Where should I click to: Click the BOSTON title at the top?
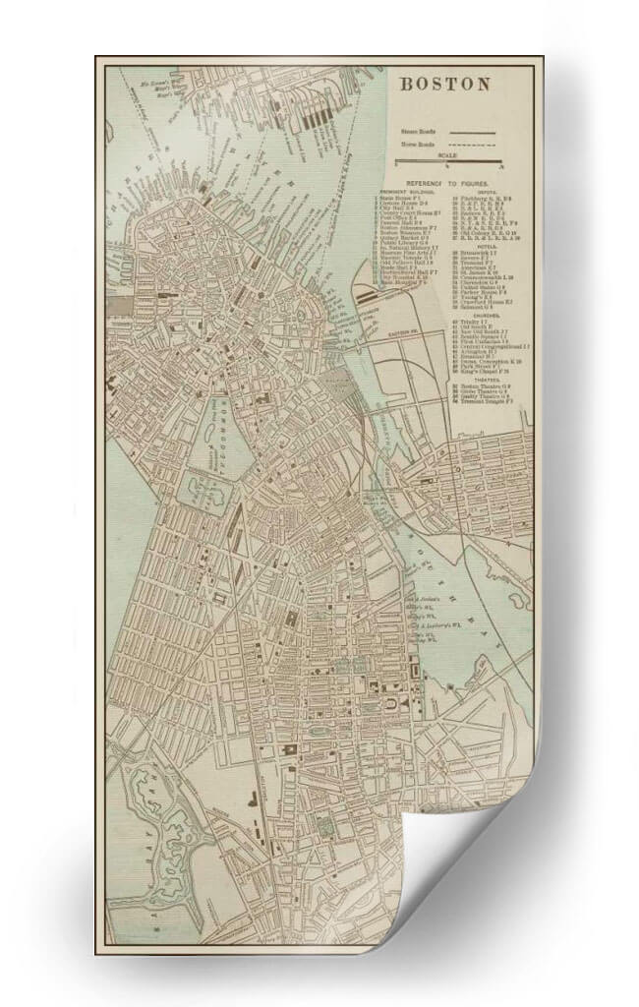[x=443, y=84]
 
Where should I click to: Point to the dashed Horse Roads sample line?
[x=472, y=145]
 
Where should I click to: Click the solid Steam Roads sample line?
[x=472, y=130]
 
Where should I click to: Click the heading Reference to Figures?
[x=453, y=184]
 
